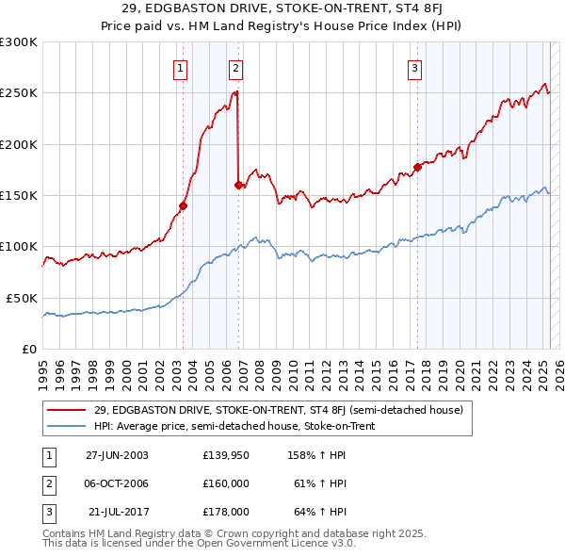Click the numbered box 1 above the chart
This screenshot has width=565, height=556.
coord(180,67)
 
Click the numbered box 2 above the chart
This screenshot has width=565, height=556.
coord(235,67)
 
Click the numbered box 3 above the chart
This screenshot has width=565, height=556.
coord(414,67)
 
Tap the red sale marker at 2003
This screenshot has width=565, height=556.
coord(184,205)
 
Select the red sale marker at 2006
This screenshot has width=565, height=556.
coord(238,185)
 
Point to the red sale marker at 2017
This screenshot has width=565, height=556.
coord(417,167)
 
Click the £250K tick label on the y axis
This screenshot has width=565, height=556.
coord(18,93)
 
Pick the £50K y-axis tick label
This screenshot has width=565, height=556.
coord(21,298)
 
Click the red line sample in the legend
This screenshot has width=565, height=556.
coord(67,410)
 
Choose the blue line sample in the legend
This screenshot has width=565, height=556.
coord(67,426)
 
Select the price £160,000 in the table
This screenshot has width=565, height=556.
coord(226,483)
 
